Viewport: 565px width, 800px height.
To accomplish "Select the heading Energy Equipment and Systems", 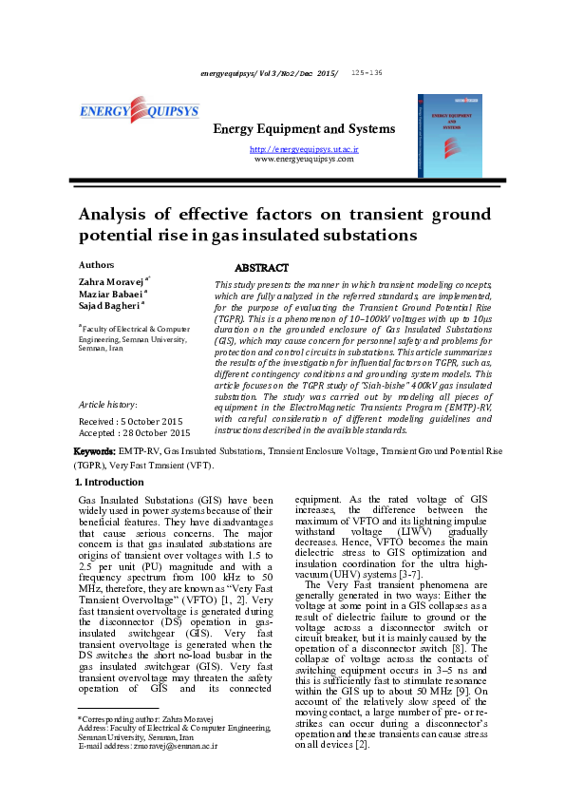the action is coord(303,129).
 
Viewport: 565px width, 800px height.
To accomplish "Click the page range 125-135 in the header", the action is coord(367,72).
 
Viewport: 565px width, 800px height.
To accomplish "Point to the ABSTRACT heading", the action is coord(261,268).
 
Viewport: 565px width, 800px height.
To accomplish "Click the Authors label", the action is coord(96,264).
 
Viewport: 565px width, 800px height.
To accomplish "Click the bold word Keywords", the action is coord(95,449).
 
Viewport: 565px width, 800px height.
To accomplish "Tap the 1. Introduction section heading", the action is coord(108,483).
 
